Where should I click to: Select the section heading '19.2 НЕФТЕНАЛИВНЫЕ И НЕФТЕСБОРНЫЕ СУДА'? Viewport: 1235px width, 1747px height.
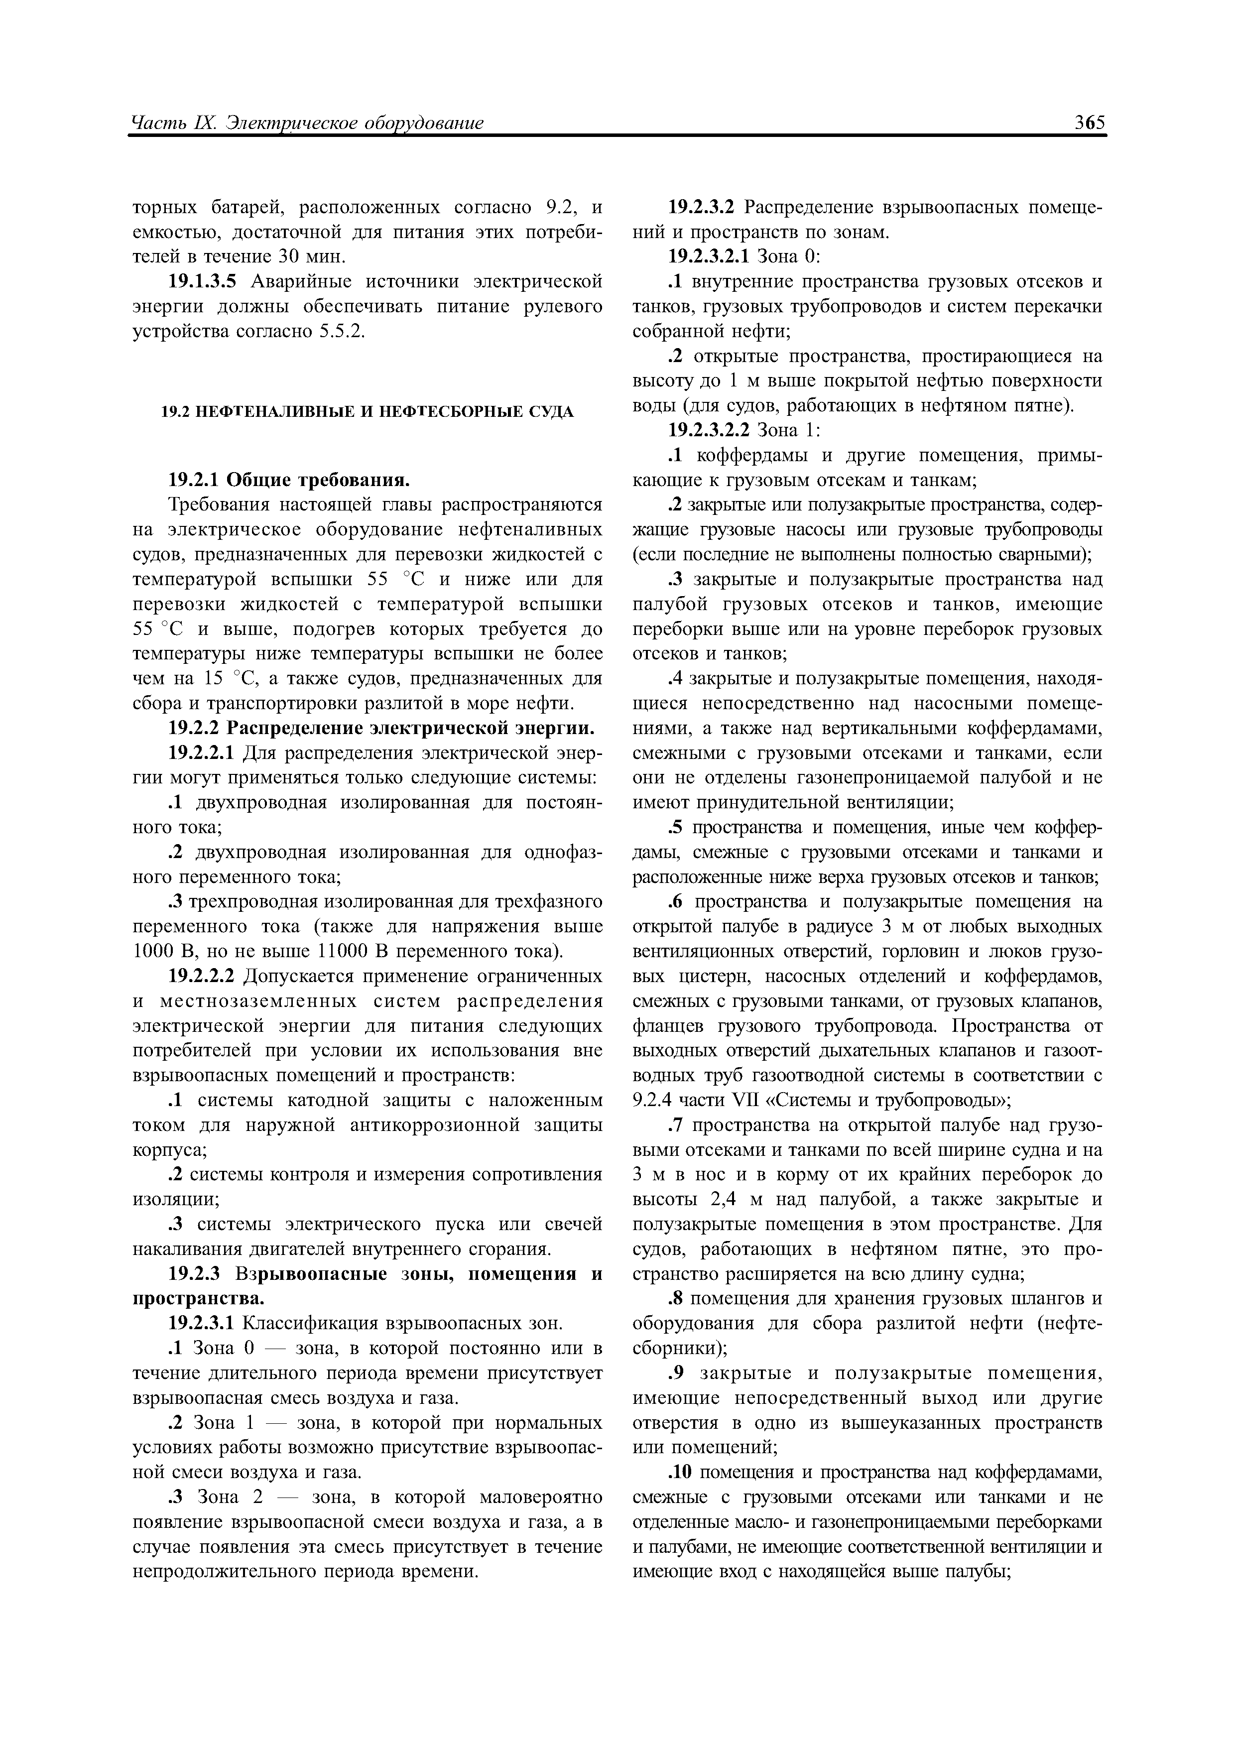(368, 412)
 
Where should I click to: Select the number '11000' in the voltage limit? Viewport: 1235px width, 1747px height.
(343, 952)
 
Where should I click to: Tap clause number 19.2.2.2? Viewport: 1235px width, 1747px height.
(202, 976)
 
